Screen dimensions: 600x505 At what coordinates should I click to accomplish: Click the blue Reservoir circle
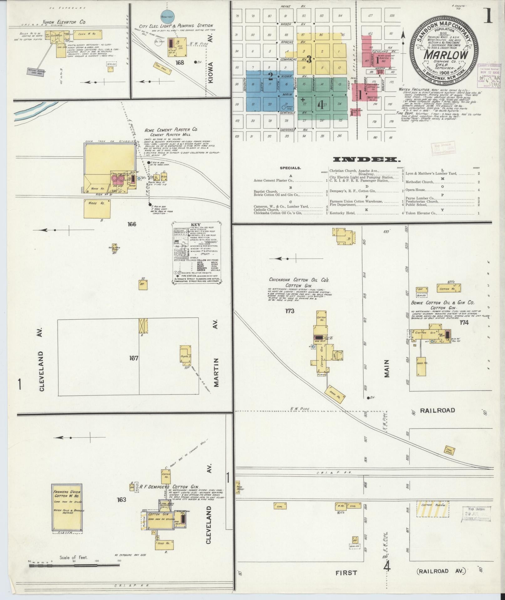[x=168, y=17]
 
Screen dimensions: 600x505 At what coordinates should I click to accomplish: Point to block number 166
[x=132, y=224]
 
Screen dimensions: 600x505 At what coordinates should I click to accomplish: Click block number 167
[x=134, y=358]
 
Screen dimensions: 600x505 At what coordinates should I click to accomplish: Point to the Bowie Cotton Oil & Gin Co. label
[x=443, y=303]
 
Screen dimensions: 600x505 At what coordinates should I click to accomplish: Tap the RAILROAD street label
[x=437, y=410]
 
